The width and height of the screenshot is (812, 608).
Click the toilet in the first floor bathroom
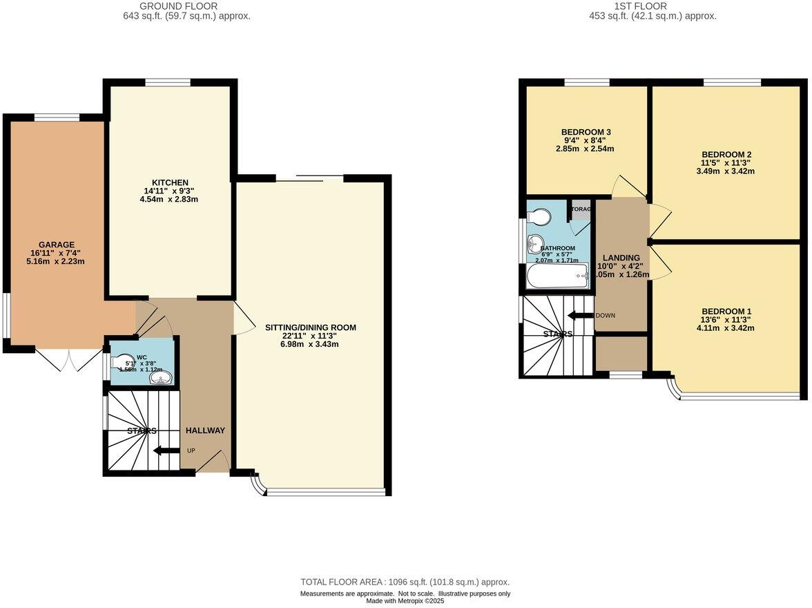pos(539,218)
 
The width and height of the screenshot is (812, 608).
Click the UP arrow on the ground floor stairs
pos(166,451)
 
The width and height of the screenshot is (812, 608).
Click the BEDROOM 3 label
pos(586,132)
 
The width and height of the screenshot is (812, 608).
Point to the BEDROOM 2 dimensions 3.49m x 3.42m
pos(726,171)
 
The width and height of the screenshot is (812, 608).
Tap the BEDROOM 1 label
pos(726,311)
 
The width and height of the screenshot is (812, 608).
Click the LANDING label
pos(621,258)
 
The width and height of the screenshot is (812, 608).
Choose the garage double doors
pos(68,359)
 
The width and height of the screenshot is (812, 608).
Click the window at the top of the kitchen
pos(168,82)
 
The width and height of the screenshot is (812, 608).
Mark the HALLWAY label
pos(205,430)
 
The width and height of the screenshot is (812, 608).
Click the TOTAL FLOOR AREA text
pos(405,582)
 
